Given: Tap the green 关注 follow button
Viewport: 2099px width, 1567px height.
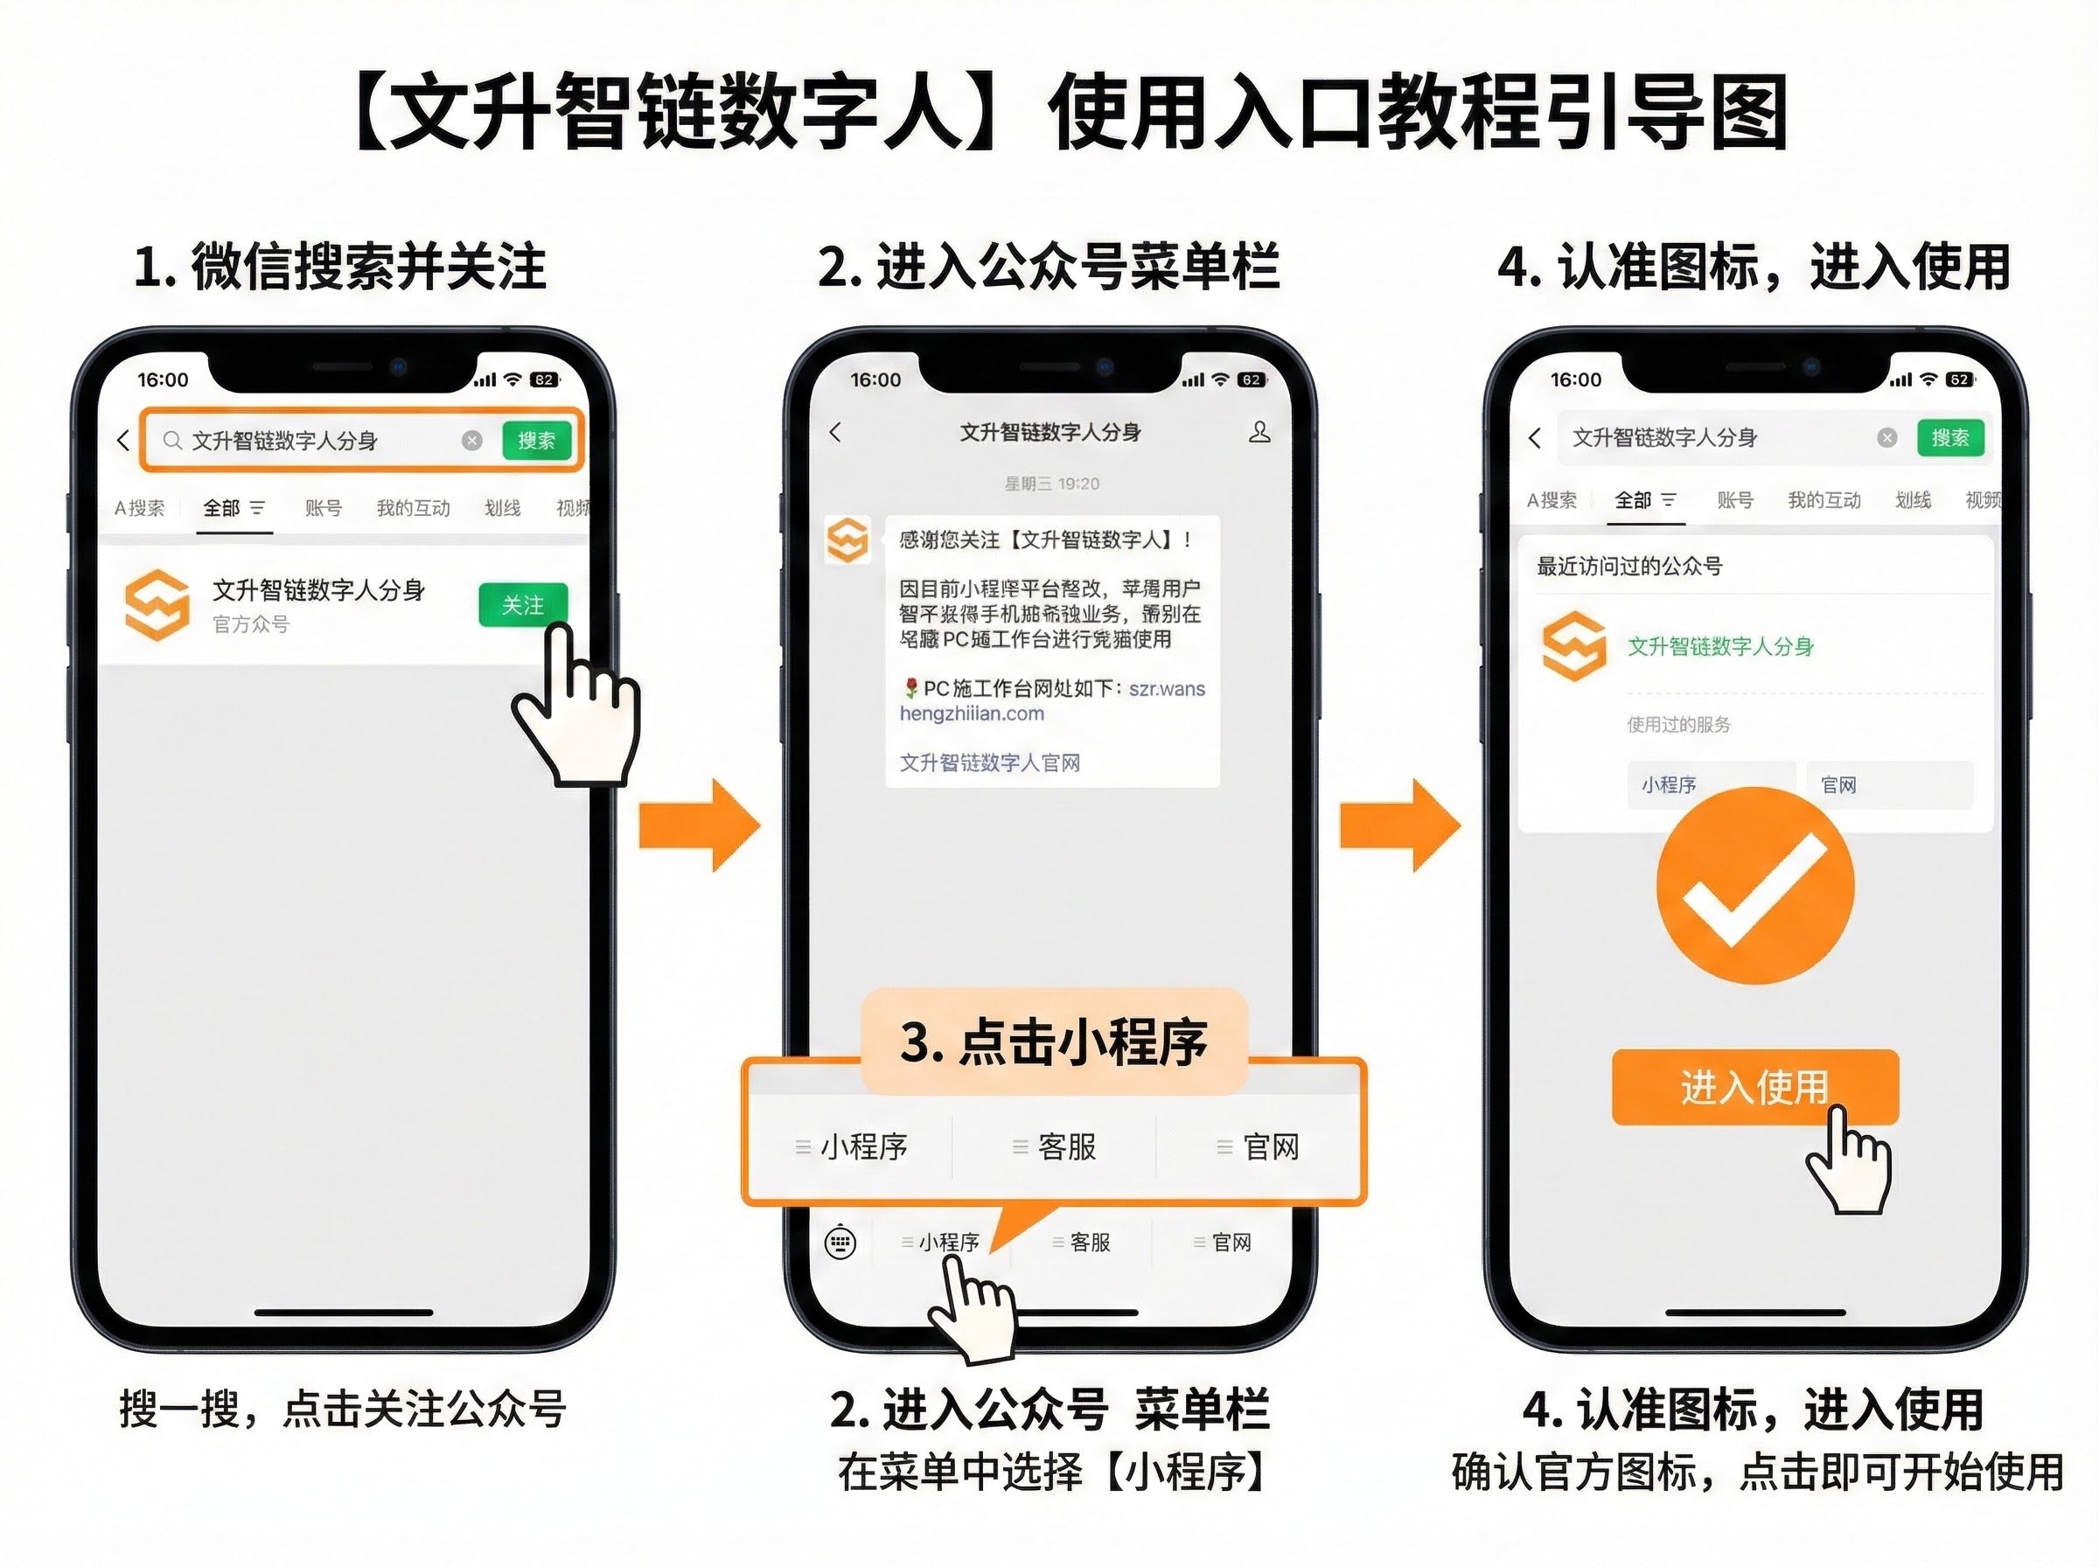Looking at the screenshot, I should [523, 604].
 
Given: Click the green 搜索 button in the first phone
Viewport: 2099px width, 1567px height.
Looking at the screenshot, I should [537, 440].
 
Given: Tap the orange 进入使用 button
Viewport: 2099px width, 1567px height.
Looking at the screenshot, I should [1754, 1087].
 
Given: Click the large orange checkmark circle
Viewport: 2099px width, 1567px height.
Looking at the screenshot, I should [1754, 884].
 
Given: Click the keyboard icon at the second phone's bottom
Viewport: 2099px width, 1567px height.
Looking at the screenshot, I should [840, 1242].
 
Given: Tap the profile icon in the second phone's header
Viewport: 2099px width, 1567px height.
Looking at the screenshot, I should [1259, 433].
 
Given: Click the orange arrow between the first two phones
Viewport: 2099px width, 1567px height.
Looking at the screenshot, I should [700, 825].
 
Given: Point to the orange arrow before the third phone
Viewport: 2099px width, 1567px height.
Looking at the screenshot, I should [1400, 825].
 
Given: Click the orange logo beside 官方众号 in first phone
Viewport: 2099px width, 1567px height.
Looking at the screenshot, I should [157, 605].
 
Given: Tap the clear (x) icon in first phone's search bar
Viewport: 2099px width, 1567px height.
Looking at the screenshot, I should [471, 440].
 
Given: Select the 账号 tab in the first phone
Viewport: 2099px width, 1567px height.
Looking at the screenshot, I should [324, 508].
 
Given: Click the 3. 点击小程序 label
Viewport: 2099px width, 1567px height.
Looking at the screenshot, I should [1053, 1041].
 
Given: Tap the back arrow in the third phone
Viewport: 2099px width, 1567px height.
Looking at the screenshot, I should [1536, 437].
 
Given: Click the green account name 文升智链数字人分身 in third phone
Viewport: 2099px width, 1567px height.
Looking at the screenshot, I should [1719, 647].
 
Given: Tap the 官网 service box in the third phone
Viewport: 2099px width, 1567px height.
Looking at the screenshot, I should [1888, 784].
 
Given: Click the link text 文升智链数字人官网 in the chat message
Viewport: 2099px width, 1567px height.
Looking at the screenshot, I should [989, 763].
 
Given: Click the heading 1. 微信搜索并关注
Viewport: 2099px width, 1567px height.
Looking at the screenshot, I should [339, 267].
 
